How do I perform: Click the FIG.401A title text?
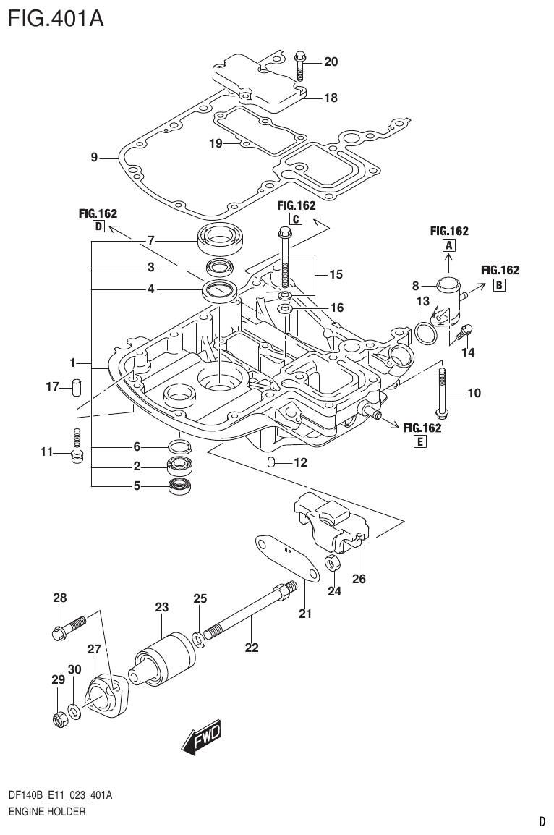tap(56, 17)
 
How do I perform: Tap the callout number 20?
tap(331, 62)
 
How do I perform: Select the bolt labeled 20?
tap(301, 67)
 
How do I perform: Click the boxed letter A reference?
tap(448, 246)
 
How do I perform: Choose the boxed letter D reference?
tap(98, 226)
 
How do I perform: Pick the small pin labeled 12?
tap(271, 462)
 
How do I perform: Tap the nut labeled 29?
tap(61, 719)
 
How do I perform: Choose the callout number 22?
tap(251, 648)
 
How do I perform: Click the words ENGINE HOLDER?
tap(47, 812)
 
